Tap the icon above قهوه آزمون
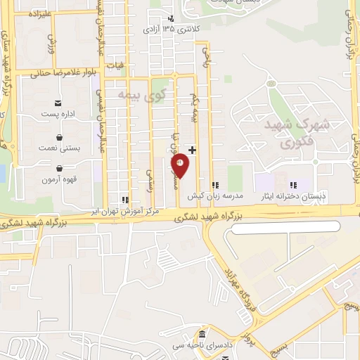[60, 169]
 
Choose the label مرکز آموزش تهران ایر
[127, 210]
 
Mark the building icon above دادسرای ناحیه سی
[203, 333]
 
